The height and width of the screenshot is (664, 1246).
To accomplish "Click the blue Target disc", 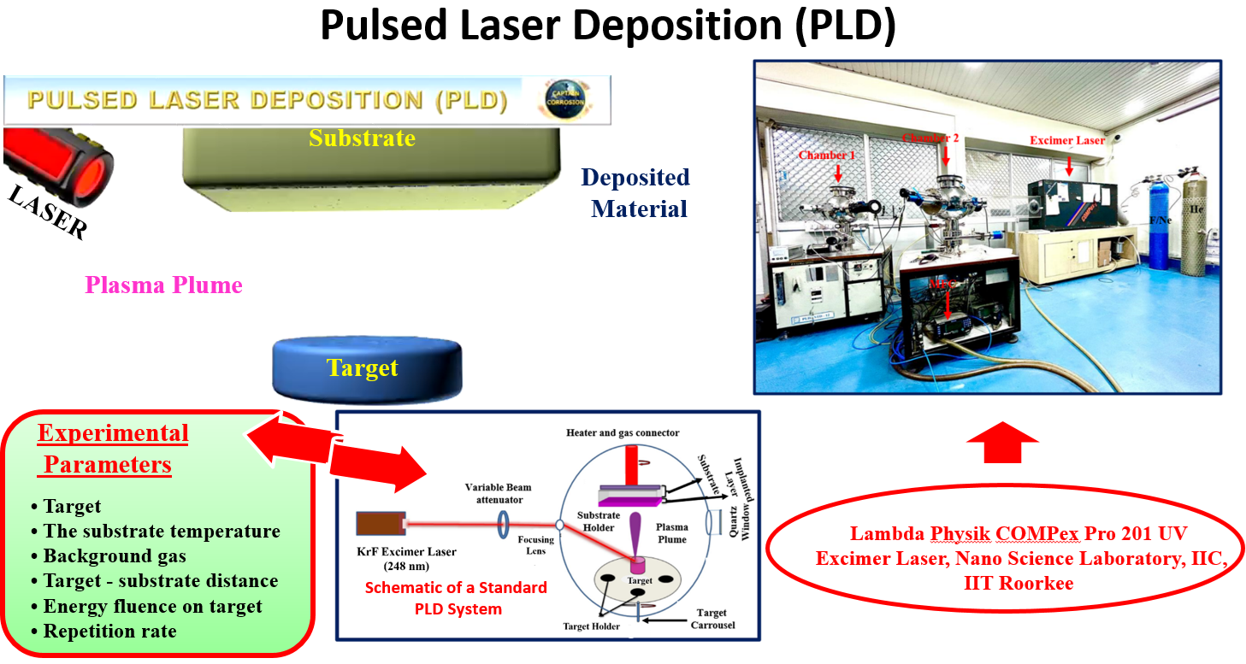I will tap(366, 368).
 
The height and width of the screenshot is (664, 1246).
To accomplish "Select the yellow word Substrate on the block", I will tap(362, 138).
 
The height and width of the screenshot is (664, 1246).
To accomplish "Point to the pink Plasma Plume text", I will tap(164, 285).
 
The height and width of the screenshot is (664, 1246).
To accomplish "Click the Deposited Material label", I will tap(635, 192).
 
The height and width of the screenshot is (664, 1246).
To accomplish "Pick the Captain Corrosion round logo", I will tap(564, 99).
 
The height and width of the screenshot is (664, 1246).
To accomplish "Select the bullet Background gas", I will tap(115, 556).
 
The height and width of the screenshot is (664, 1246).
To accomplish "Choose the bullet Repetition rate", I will tap(110, 632).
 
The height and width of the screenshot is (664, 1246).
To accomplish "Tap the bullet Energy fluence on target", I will tap(153, 607).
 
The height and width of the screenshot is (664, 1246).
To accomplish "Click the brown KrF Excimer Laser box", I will tap(380, 523).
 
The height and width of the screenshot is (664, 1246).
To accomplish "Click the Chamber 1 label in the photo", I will tap(826, 156).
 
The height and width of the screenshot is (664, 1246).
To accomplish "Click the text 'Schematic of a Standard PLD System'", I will tap(455, 598).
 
